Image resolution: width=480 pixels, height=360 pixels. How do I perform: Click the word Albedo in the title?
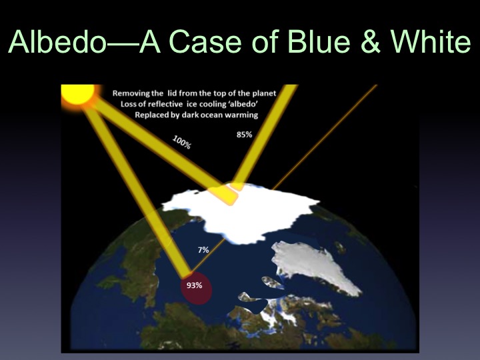point(57,41)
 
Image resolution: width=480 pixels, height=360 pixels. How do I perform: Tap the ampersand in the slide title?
point(371,41)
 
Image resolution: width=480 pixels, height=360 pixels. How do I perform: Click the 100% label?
point(182,143)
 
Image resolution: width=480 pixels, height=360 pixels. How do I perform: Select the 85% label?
point(244,135)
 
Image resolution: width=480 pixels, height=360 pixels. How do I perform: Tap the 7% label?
point(203,250)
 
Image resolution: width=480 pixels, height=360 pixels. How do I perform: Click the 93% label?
point(195,285)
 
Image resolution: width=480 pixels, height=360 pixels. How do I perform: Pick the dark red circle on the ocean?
point(196,288)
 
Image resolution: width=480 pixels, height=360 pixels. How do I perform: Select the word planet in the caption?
point(265,93)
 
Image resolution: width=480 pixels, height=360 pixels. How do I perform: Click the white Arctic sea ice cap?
point(242,211)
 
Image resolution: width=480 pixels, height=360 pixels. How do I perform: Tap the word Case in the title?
point(205,41)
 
